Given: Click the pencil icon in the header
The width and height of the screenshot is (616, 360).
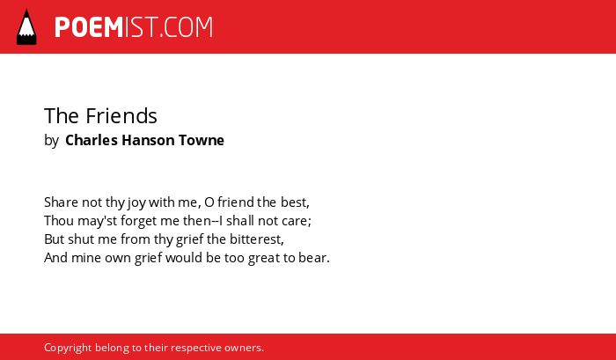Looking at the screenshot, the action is (26, 27).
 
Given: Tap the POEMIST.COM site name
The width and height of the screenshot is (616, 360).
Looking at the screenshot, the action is (134, 27).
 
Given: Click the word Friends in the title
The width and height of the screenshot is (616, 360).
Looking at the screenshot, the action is (121, 116).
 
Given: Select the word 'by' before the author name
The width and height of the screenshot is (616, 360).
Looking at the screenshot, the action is (51, 141).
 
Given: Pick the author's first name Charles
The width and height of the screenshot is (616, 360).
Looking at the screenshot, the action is (92, 140).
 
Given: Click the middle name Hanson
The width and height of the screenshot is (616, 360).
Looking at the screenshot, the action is (148, 140).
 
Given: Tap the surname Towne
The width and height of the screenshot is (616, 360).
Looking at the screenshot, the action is (202, 140).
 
